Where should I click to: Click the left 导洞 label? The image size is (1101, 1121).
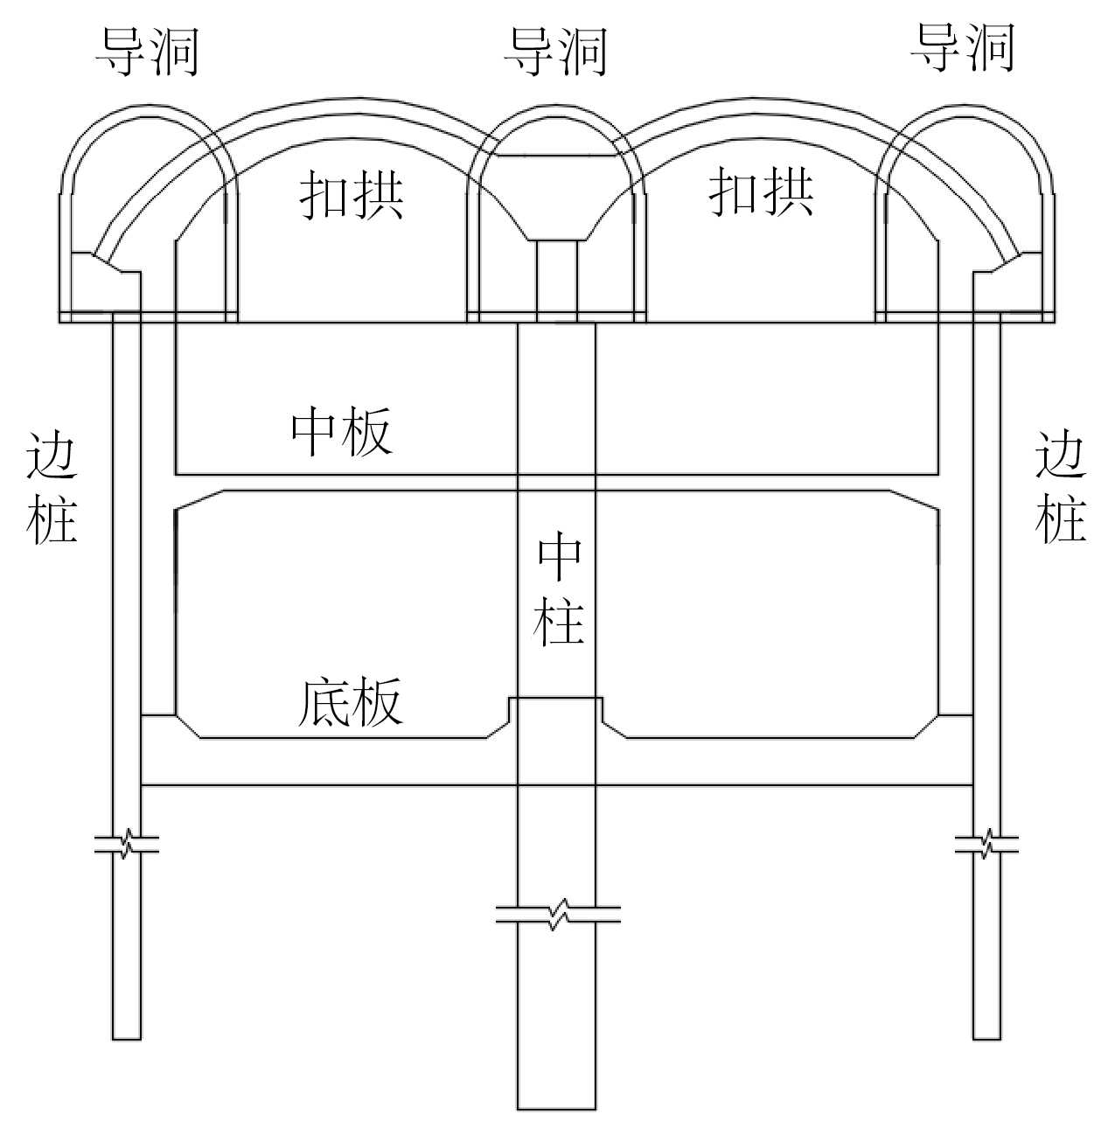147,51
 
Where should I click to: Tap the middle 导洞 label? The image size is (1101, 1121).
555,51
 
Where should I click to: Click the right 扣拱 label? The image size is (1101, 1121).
761,191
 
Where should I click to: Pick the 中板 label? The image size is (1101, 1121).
342,431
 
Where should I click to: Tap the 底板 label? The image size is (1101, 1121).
350,702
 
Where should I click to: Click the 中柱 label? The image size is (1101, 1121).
559,590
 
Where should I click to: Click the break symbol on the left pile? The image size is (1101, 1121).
127,845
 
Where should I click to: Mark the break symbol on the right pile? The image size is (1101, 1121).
986,845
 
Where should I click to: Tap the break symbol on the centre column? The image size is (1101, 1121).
557,915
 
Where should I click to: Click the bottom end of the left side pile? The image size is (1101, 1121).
127,1037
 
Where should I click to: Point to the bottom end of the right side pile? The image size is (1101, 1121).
986,1037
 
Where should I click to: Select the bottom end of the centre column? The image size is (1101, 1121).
556,1107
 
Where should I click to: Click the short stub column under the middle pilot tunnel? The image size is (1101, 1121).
556,280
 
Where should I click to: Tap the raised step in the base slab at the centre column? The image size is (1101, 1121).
556,700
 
